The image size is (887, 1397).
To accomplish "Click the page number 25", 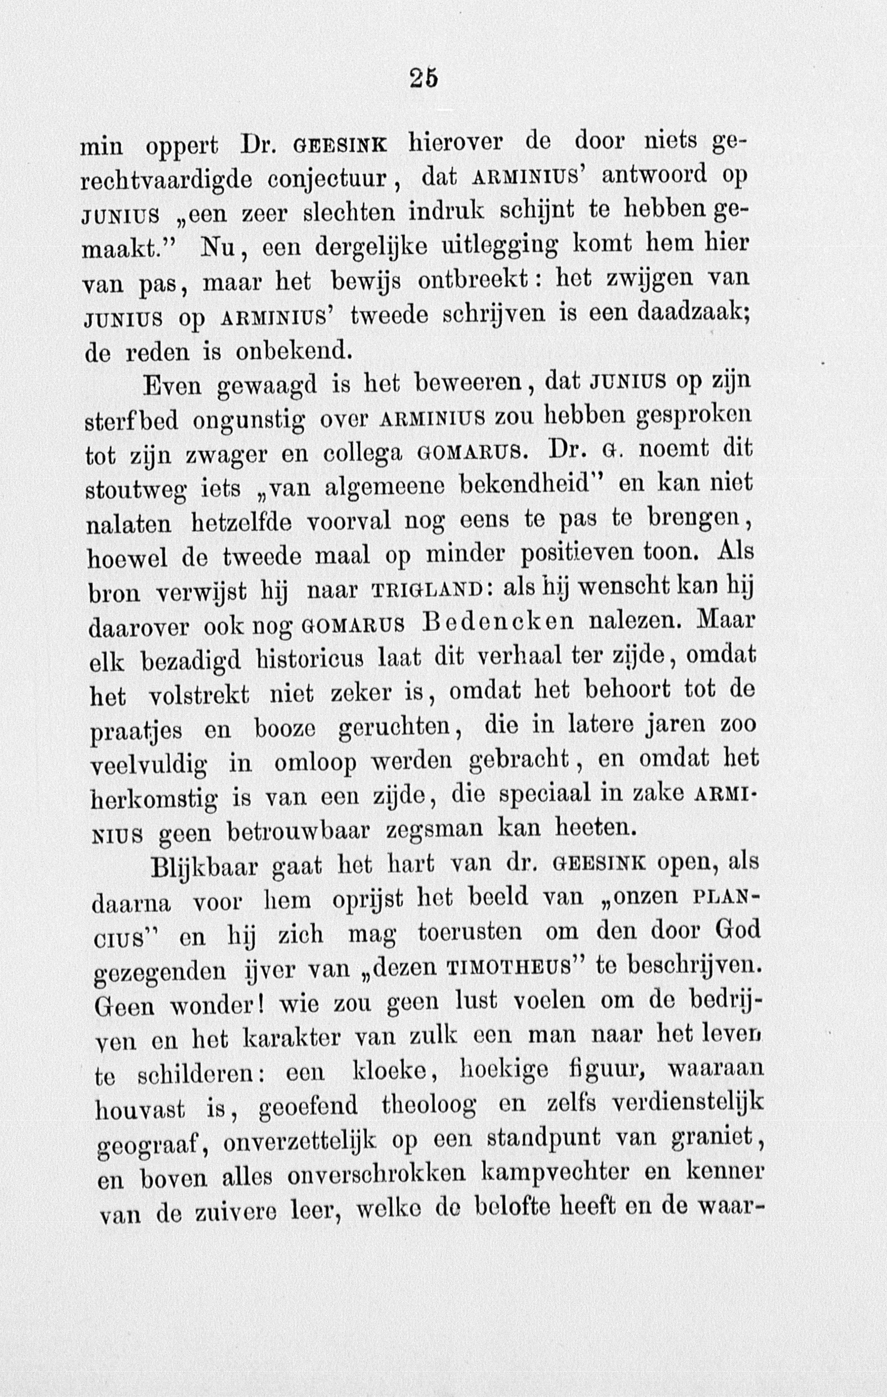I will pyautogui.click(x=424, y=79).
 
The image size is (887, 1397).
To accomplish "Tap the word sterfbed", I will pyautogui.click(x=132, y=420).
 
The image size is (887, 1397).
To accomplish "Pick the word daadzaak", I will pyautogui.click(x=693, y=314).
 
